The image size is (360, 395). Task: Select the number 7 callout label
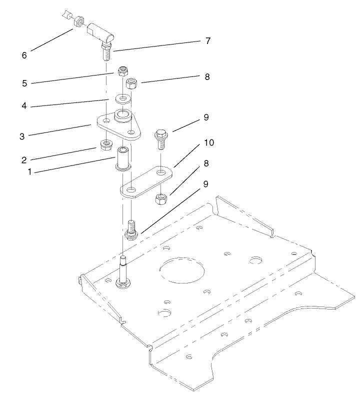click(x=207, y=40)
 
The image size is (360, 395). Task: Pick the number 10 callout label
click(x=208, y=143)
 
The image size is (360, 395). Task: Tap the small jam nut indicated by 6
click(x=79, y=22)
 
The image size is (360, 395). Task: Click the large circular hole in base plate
click(x=181, y=274)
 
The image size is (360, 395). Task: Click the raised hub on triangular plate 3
click(x=123, y=116)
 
